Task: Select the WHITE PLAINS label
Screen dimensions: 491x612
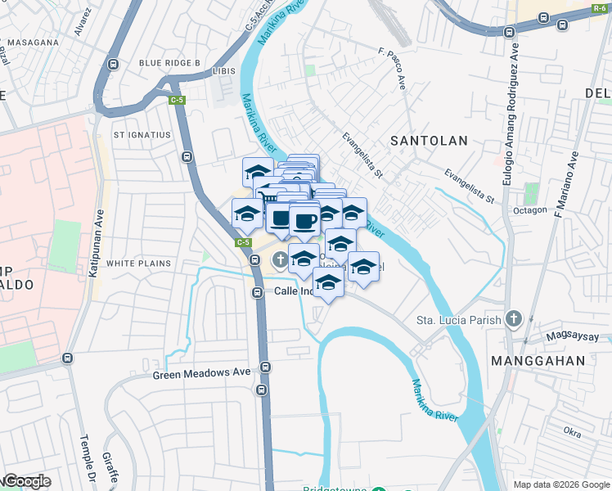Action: tap(138, 264)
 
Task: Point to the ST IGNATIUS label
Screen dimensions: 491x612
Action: tap(142, 135)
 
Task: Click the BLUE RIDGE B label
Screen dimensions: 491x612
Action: tap(169, 63)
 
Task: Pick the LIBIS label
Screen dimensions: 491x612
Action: tap(223, 71)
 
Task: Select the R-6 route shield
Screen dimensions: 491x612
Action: tap(600, 10)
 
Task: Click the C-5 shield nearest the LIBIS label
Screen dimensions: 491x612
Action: tap(177, 101)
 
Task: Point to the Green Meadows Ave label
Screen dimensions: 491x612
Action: tap(201, 373)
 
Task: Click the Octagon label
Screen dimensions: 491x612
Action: tap(530, 210)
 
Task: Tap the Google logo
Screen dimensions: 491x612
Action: tap(27, 481)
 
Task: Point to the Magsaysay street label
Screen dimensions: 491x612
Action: tap(580, 337)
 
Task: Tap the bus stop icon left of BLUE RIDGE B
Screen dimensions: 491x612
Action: tap(113, 64)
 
